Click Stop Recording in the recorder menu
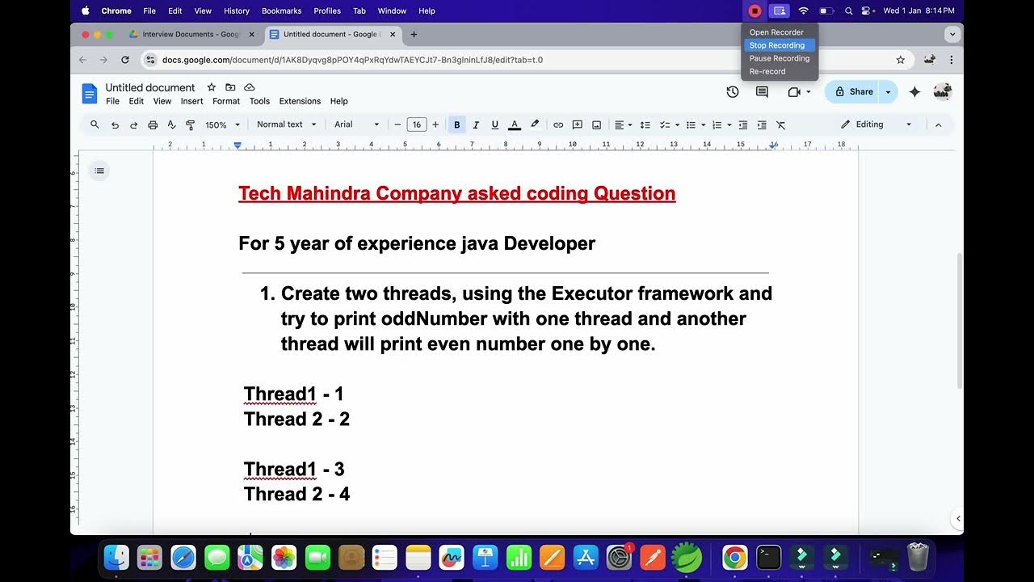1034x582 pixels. (x=776, y=45)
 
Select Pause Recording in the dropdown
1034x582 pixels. (x=779, y=58)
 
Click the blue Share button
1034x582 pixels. (x=854, y=92)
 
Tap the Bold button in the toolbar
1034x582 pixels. (x=457, y=125)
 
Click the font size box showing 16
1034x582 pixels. (x=416, y=124)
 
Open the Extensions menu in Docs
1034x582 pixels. (x=300, y=101)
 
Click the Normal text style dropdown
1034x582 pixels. (x=284, y=124)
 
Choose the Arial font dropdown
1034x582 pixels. (x=356, y=124)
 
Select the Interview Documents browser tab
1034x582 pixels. (x=190, y=35)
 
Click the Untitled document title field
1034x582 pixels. (x=150, y=87)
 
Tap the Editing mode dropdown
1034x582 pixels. (x=876, y=124)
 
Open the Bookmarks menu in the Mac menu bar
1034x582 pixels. (x=281, y=11)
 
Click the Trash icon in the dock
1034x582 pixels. (x=918, y=557)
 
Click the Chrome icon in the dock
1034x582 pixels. (x=734, y=557)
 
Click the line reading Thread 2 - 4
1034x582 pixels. (x=296, y=494)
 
